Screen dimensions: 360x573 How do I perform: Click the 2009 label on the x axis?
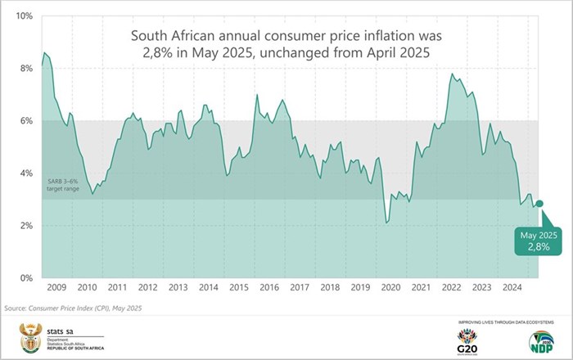[57, 288]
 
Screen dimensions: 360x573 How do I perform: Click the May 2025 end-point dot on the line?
[539, 204]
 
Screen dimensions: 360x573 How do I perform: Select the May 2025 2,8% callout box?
[538, 242]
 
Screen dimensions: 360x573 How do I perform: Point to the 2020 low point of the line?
[386, 222]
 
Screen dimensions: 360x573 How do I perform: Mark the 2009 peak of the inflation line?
[44, 52]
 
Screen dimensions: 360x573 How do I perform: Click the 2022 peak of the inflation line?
[452, 74]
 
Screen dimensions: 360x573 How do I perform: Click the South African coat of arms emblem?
[29, 337]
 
